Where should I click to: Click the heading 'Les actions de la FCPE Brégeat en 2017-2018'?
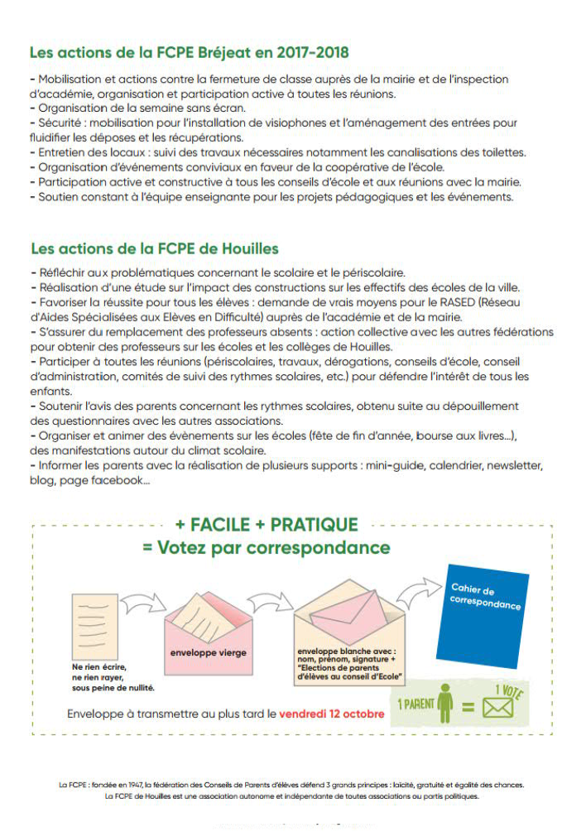coord(189,53)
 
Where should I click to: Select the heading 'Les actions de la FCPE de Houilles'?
coord(155,248)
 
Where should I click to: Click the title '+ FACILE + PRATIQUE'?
coord(267,525)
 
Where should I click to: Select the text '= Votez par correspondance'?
coord(273,548)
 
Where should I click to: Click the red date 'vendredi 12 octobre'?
coord(332,714)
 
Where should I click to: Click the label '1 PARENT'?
coord(415,705)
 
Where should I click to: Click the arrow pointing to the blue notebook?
coord(417,589)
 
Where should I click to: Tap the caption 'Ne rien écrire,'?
coord(99,667)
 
